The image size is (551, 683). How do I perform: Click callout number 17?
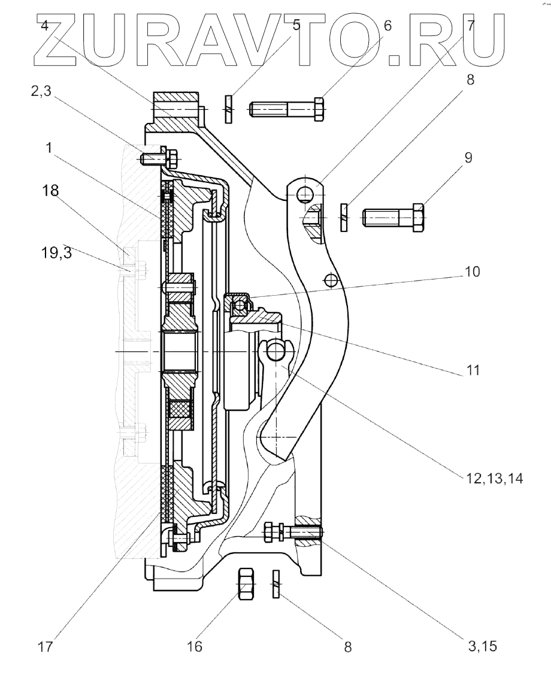click(x=45, y=646)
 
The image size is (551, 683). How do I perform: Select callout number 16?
click(x=195, y=646)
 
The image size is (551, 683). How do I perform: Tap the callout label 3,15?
click(x=482, y=646)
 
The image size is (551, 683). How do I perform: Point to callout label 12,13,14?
click(x=495, y=479)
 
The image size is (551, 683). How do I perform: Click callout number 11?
click(x=473, y=370)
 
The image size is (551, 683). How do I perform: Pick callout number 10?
click(x=473, y=272)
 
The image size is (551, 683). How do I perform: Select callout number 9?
click(x=468, y=157)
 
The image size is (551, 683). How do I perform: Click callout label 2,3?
click(x=41, y=91)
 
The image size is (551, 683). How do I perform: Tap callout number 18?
click(x=50, y=190)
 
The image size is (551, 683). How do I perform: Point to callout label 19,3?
click(x=56, y=252)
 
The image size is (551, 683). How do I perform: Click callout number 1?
click(x=49, y=148)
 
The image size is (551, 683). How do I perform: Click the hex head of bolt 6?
click(x=319, y=109)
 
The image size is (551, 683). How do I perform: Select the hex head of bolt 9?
click(x=418, y=217)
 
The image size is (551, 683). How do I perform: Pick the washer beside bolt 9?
click(x=344, y=217)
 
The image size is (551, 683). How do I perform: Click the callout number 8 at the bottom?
click(x=347, y=647)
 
